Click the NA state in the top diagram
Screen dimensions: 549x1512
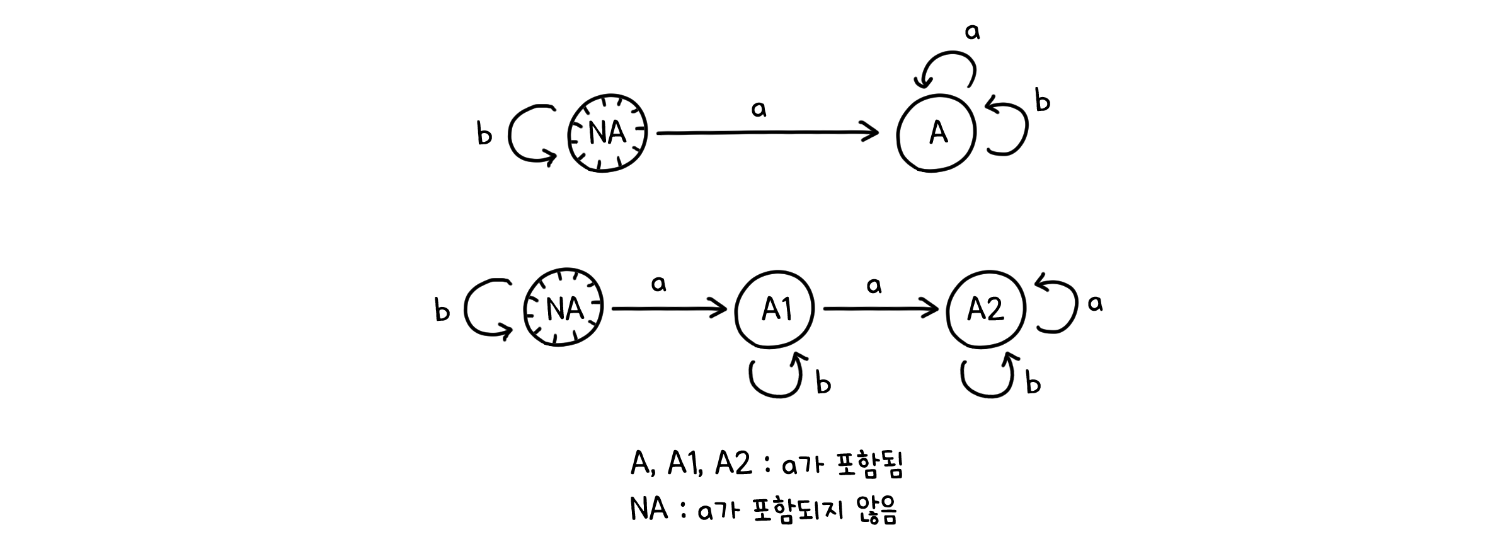pyautogui.click(x=607, y=133)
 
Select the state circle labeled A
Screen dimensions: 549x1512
pyautogui.click(x=937, y=133)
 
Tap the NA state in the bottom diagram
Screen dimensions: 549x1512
pyautogui.click(x=564, y=309)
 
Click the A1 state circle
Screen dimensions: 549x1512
pyautogui.click(x=775, y=309)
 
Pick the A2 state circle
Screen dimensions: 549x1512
pyautogui.click(x=986, y=309)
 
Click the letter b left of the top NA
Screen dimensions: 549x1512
pyautogui.click(x=484, y=134)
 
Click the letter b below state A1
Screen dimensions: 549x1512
pyautogui.click(x=823, y=383)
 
